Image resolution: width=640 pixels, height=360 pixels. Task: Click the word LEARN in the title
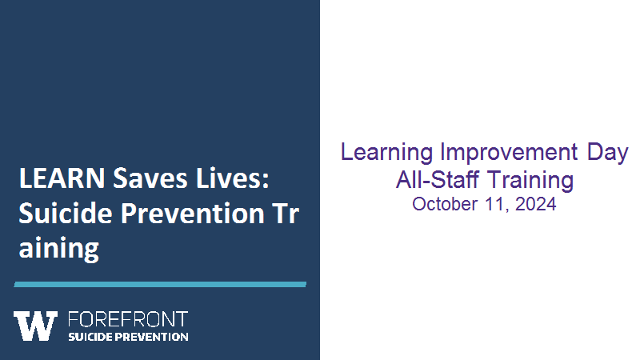point(62,178)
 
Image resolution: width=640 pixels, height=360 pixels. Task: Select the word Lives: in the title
point(233,178)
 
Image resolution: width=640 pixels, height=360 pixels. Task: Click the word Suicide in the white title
point(66,213)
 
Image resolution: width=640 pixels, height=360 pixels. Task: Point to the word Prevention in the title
point(193,213)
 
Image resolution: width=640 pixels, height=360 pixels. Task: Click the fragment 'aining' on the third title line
point(58,249)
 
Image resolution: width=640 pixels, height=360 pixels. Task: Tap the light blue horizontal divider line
point(160,285)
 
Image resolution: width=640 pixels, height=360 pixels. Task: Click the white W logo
point(35,326)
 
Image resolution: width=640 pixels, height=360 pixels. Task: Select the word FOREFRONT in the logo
point(128,319)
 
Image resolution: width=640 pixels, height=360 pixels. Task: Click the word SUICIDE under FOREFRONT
point(90,337)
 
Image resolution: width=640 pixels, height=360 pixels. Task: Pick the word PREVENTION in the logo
point(151,337)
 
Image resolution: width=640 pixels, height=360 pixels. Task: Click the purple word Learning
point(387,153)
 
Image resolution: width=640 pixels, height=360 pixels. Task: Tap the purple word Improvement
point(510,153)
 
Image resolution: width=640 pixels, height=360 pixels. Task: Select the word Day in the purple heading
point(607,153)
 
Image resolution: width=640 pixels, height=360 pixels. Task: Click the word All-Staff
point(437,179)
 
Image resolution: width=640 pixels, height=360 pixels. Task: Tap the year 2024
point(535,204)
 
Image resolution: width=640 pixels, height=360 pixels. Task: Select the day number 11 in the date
point(497,205)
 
